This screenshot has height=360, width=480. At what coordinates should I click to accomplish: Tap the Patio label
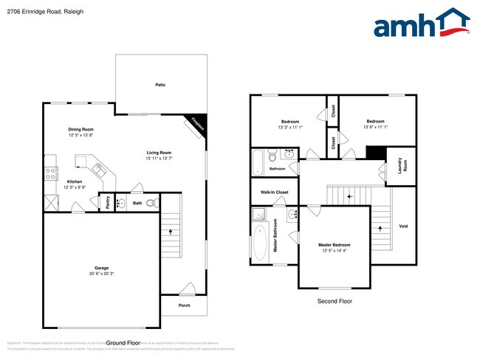160,85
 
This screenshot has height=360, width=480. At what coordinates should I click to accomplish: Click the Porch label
184,305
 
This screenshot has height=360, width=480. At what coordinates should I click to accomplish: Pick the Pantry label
108,202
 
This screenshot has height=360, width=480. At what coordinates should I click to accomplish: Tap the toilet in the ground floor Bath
151,203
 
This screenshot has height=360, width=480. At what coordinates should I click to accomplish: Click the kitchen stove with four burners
51,174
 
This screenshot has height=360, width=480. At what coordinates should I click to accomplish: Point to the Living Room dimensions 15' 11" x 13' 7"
158,158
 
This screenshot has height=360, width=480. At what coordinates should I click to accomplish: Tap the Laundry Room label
400,165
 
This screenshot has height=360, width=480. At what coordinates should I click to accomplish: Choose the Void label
402,226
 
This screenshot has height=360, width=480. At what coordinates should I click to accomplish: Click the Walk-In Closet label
274,193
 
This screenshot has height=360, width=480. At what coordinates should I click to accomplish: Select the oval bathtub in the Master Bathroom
260,243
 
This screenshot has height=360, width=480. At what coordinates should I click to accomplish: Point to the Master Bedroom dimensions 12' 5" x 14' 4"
334,251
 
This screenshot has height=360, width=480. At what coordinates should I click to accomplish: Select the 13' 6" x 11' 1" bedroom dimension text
375,127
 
